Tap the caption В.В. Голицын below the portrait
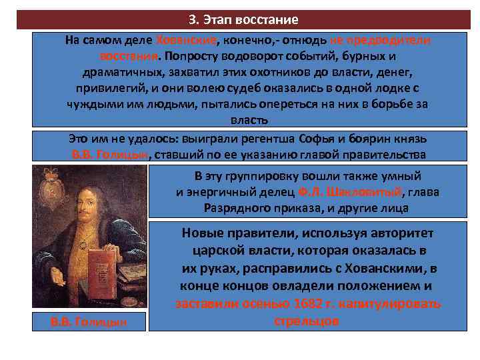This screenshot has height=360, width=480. [x=89, y=322]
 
